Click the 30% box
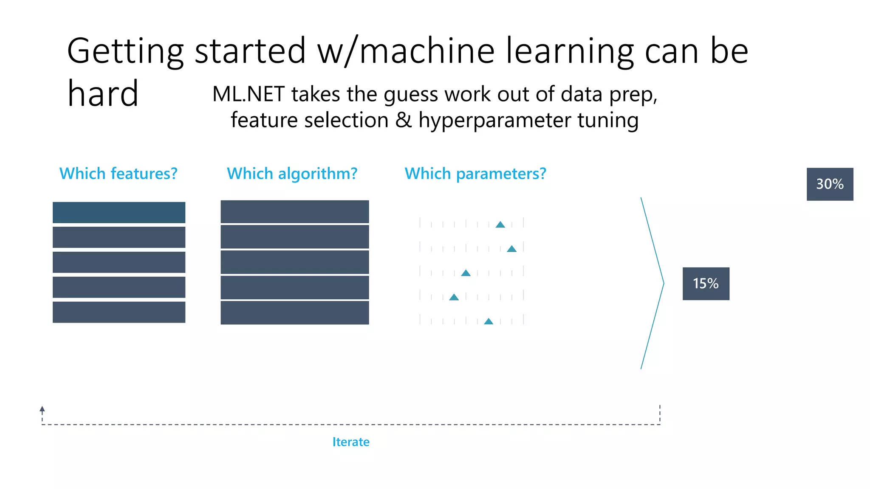tap(830, 184)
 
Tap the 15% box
tap(706, 284)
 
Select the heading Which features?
tap(118, 174)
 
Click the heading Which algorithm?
tap(292, 174)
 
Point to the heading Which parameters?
tap(475, 174)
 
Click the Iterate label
tap(350, 442)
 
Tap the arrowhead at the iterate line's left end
tap(42, 409)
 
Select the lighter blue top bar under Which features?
tap(119, 212)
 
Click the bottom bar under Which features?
tap(119, 312)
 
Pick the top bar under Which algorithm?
tap(294, 211)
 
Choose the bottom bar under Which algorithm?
tap(294, 313)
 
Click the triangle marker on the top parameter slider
tap(500, 225)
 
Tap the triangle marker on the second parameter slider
tap(511, 249)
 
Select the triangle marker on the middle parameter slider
tap(466, 273)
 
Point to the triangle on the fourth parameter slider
tap(454, 297)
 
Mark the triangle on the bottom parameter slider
tap(489, 321)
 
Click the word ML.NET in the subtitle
tap(248, 94)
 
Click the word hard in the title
tap(103, 93)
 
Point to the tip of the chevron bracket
tap(663, 283)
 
